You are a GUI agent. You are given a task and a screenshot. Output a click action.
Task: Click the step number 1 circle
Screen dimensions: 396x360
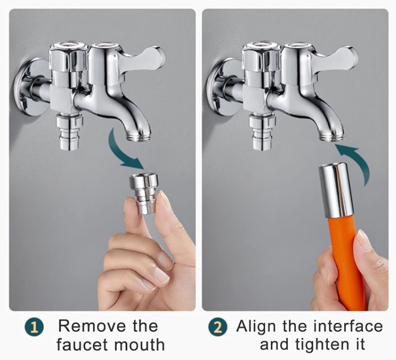(x=35, y=327)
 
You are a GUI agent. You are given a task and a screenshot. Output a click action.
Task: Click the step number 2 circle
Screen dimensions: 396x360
(x=218, y=327)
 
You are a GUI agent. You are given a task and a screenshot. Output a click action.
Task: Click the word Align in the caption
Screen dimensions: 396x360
(x=256, y=327)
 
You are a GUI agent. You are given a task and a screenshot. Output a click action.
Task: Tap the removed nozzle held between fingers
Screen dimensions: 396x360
(x=144, y=194)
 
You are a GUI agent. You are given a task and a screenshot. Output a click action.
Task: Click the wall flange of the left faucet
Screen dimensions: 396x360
(x=28, y=87)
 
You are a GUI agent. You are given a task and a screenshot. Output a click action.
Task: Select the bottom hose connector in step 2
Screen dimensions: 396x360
(x=263, y=132)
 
